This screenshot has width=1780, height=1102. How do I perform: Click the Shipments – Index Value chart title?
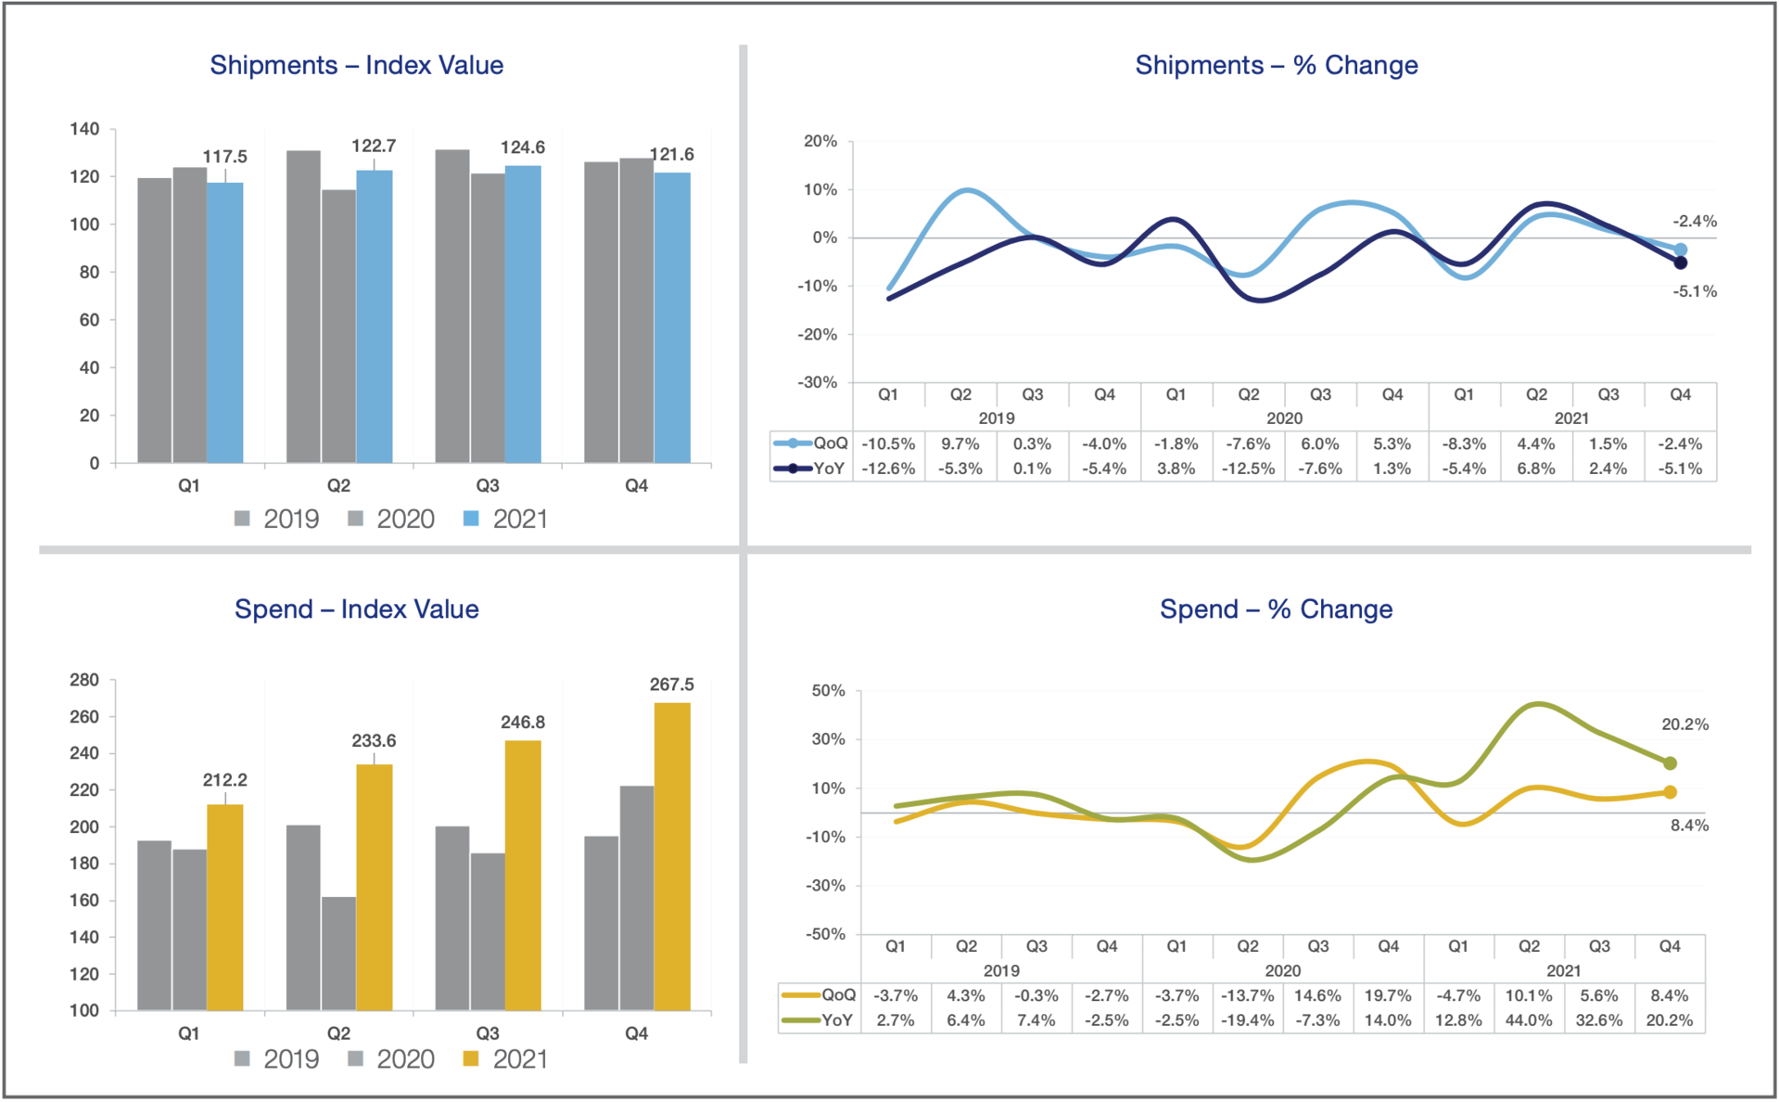click(x=356, y=65)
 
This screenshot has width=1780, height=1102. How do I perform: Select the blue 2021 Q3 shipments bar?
click(x=523, y=315)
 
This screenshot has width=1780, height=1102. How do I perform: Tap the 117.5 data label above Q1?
click(x=225, y=157)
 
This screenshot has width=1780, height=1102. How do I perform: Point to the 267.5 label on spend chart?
click(x=671, y=685)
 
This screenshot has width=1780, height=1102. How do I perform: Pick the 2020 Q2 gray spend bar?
click(x=338, y=953)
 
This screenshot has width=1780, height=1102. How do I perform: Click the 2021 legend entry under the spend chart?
click(x=506, y=1059)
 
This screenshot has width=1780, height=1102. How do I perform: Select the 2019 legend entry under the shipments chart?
click(x=277, y=519)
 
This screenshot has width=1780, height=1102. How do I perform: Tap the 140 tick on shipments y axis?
click(x=84, y=129)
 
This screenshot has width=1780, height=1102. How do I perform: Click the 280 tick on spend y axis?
click(x=84, y=680)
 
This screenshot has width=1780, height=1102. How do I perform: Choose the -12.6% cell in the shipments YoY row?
click(x=888, y=468)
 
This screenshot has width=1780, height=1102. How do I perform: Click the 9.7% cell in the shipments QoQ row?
click(x=960, y=444)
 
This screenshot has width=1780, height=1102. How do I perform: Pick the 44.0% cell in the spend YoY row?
click(x=1529, y=1020)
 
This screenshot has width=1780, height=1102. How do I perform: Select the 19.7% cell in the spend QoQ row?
click(x=1388, y=995)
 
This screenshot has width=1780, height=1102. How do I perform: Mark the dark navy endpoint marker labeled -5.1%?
click(x=1680, y=263)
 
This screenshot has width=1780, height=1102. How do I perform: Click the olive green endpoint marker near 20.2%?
click(x=1670, y=763)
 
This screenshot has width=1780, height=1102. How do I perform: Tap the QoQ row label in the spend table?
click(x=838, y=995)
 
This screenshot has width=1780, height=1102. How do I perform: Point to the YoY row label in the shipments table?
click(x=829, y=468)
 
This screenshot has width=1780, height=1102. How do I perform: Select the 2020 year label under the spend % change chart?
click(x=1282, y=970)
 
